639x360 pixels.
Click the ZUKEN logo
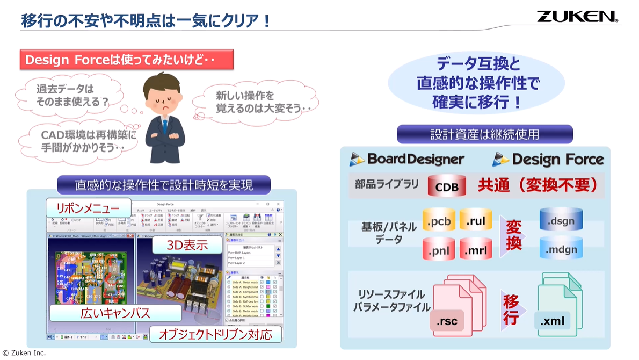577,16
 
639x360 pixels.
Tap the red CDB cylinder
446,186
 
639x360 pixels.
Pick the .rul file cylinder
476,221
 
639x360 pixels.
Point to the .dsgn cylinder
561,220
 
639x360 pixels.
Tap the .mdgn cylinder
561,248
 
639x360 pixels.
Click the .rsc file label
447,321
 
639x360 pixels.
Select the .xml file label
552,321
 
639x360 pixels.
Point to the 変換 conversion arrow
513,235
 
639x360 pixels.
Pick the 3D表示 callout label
187,246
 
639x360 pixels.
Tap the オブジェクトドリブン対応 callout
215,335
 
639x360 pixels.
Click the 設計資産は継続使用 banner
484,134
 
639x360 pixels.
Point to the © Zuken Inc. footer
24,353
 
